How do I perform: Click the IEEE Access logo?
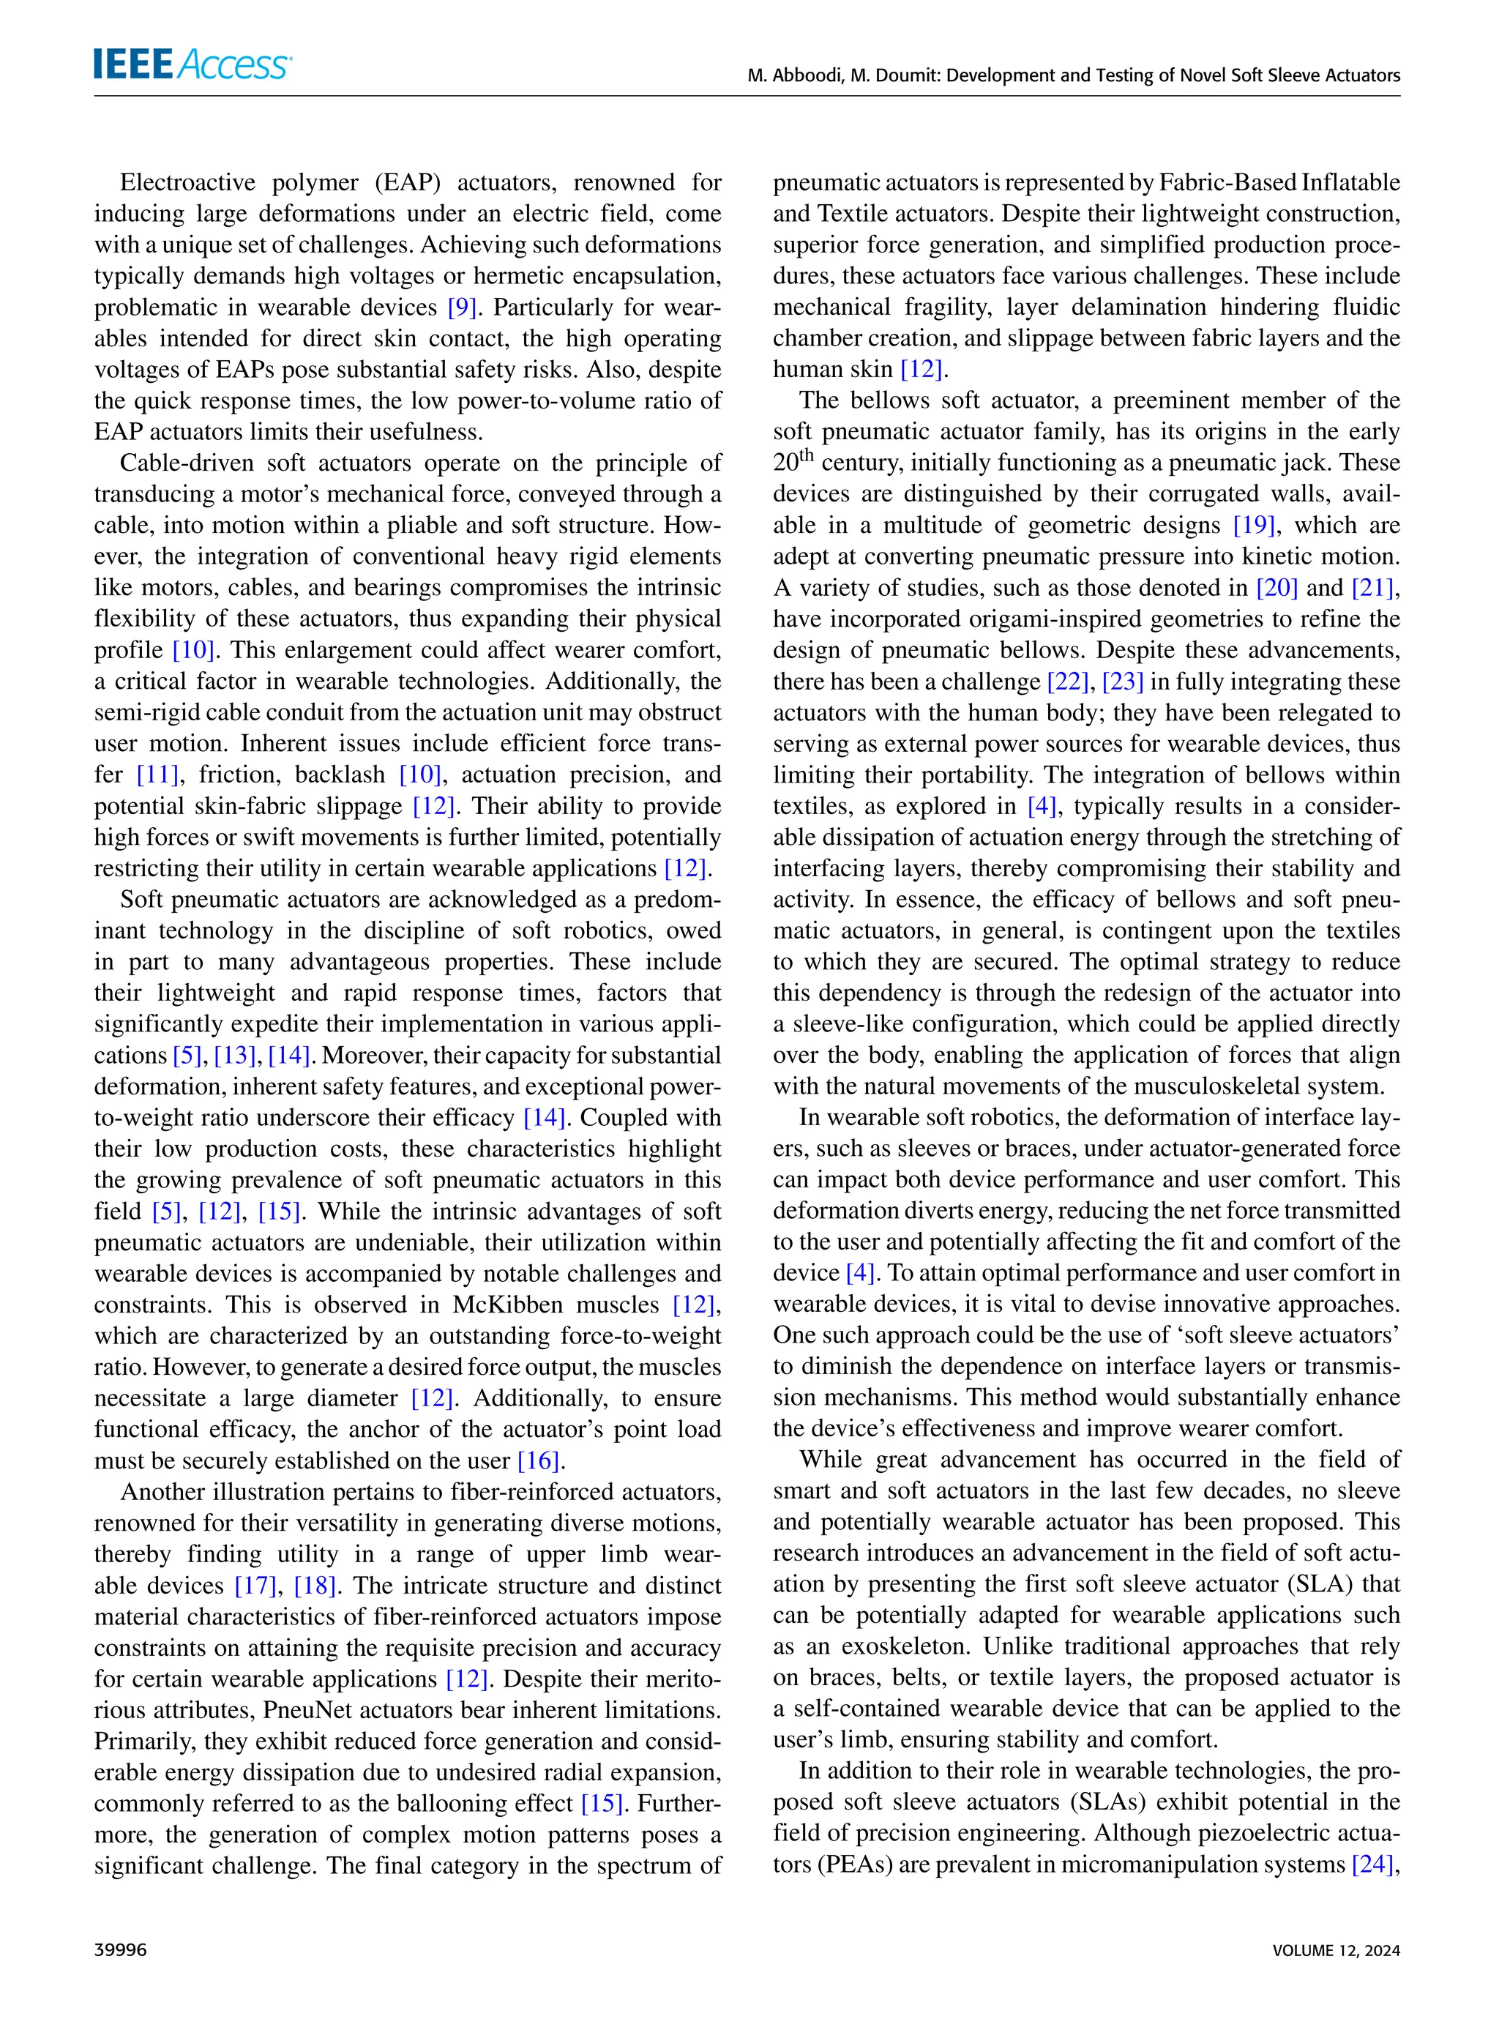point(192,65)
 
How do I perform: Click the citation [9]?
point(462,307)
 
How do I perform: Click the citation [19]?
point(1254,526)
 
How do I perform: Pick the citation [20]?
point(1276,588)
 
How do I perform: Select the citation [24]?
point(1371,1865)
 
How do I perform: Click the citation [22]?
point(1067,682)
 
